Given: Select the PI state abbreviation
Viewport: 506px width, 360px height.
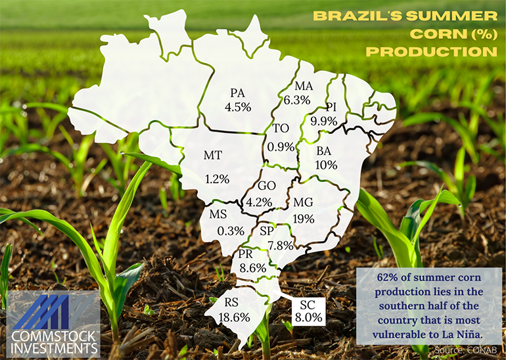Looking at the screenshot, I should (331, 107).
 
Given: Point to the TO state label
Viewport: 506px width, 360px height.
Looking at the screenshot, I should (281, 130).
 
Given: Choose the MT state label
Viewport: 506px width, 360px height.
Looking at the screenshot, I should (212, 156).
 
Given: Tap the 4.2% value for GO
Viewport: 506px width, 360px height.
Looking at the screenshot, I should (258, 202).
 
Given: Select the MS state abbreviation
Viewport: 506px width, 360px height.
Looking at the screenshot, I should (218, 214).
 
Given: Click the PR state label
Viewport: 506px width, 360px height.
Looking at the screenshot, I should (246, 254).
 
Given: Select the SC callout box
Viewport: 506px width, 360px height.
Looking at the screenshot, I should (308, 311).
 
